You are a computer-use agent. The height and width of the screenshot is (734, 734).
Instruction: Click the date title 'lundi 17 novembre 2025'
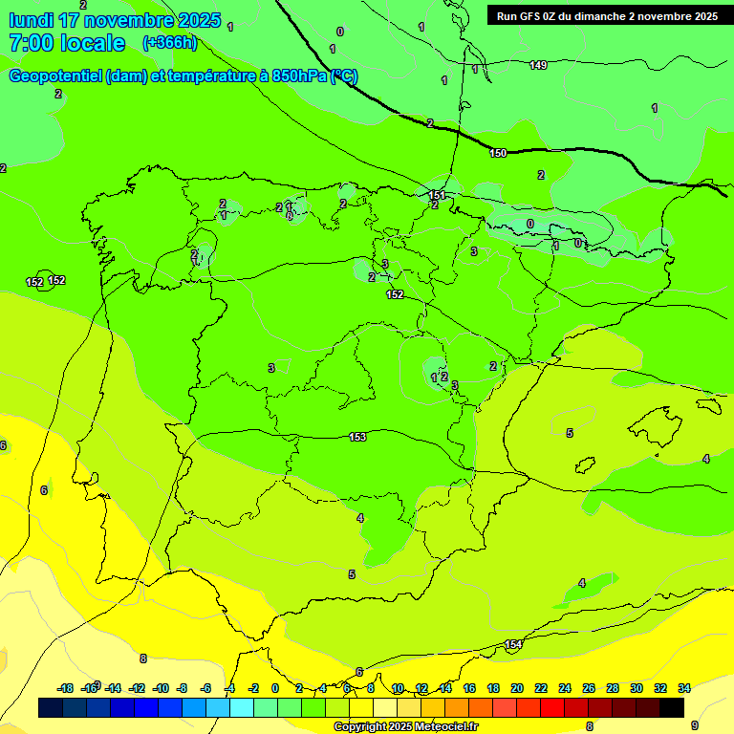(115, 20)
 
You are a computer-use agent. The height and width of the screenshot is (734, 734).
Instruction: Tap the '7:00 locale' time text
(67, 43)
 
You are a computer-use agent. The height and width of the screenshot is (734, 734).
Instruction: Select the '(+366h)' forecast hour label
(169, 42)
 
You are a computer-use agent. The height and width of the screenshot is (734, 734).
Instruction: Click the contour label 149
(538, 65)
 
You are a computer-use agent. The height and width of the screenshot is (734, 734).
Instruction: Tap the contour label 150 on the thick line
(498, 153)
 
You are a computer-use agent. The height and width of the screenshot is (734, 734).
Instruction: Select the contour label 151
(437, 195)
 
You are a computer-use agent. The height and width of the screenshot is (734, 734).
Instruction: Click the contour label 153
(357, 437)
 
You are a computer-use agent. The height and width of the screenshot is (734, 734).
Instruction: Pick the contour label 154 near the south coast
(513, 644)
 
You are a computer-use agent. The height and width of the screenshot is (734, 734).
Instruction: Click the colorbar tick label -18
(65, 688)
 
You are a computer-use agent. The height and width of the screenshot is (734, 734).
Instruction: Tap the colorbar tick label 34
(684, 688)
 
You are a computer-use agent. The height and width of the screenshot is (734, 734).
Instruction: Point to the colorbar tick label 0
(275, 688)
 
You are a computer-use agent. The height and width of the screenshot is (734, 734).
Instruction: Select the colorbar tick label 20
(517, 688)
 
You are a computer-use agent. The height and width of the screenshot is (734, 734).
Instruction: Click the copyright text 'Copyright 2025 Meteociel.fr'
(405, 726)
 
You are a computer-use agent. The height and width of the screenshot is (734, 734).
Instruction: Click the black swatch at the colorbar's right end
(672, 708)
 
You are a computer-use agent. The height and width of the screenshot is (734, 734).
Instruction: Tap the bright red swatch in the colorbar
(552, 708)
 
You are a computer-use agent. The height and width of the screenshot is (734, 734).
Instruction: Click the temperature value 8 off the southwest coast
(143, 658)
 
